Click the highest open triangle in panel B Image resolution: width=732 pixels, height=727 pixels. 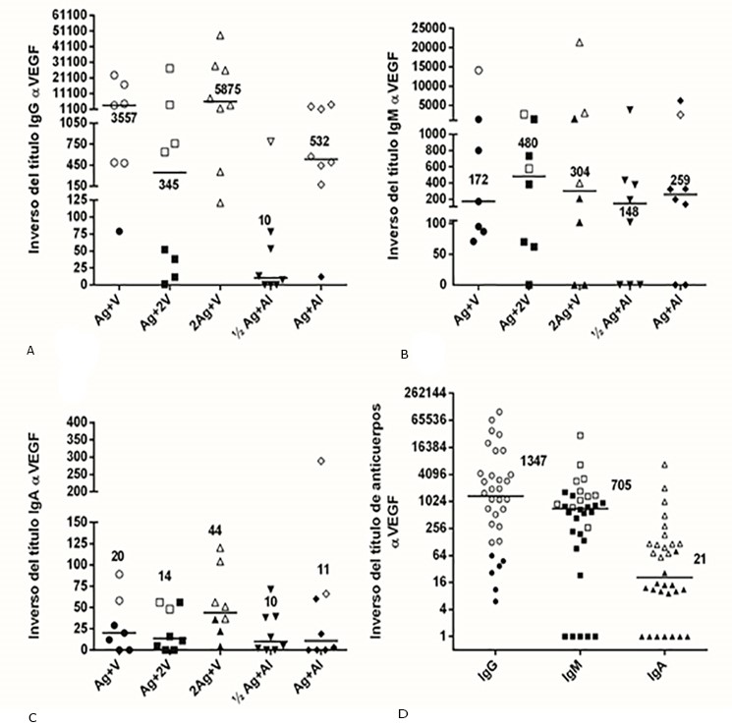click(580, 42)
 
